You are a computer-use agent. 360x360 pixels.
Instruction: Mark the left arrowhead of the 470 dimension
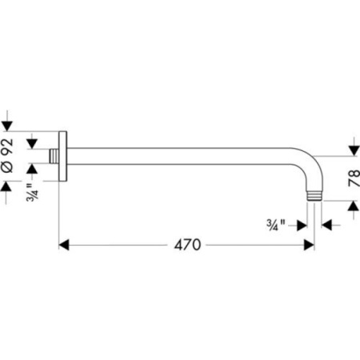pos(65,244)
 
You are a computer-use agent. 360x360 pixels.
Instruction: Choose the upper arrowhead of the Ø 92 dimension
pos(7,124)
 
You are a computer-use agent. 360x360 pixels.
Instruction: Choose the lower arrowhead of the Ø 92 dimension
pos(7,186)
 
